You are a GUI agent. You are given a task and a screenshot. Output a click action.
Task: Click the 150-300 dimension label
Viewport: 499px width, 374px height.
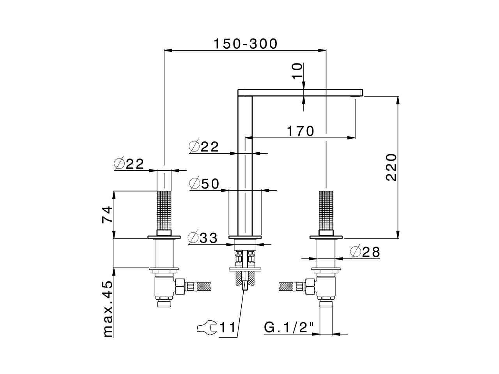245,44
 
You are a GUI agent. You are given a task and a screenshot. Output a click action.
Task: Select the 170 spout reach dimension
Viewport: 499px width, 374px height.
300,131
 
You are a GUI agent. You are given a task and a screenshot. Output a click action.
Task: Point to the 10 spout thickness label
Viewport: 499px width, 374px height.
297,71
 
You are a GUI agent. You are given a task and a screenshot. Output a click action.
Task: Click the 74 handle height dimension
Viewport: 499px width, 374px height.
107,214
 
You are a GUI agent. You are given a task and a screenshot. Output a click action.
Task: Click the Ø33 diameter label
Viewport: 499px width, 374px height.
202,238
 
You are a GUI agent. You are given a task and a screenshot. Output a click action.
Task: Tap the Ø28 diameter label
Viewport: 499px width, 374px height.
365,252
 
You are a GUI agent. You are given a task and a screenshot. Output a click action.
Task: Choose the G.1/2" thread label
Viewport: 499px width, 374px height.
289,328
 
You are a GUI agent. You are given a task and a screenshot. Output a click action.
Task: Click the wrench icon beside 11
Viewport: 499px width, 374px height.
207,328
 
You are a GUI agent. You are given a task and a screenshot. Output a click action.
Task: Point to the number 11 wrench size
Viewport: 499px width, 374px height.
228,328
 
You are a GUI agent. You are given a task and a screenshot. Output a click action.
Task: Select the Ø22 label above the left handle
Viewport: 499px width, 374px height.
129,164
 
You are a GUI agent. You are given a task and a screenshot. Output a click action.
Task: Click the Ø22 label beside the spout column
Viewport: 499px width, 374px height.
203,147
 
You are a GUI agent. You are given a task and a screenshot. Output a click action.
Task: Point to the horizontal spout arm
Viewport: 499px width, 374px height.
300,92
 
